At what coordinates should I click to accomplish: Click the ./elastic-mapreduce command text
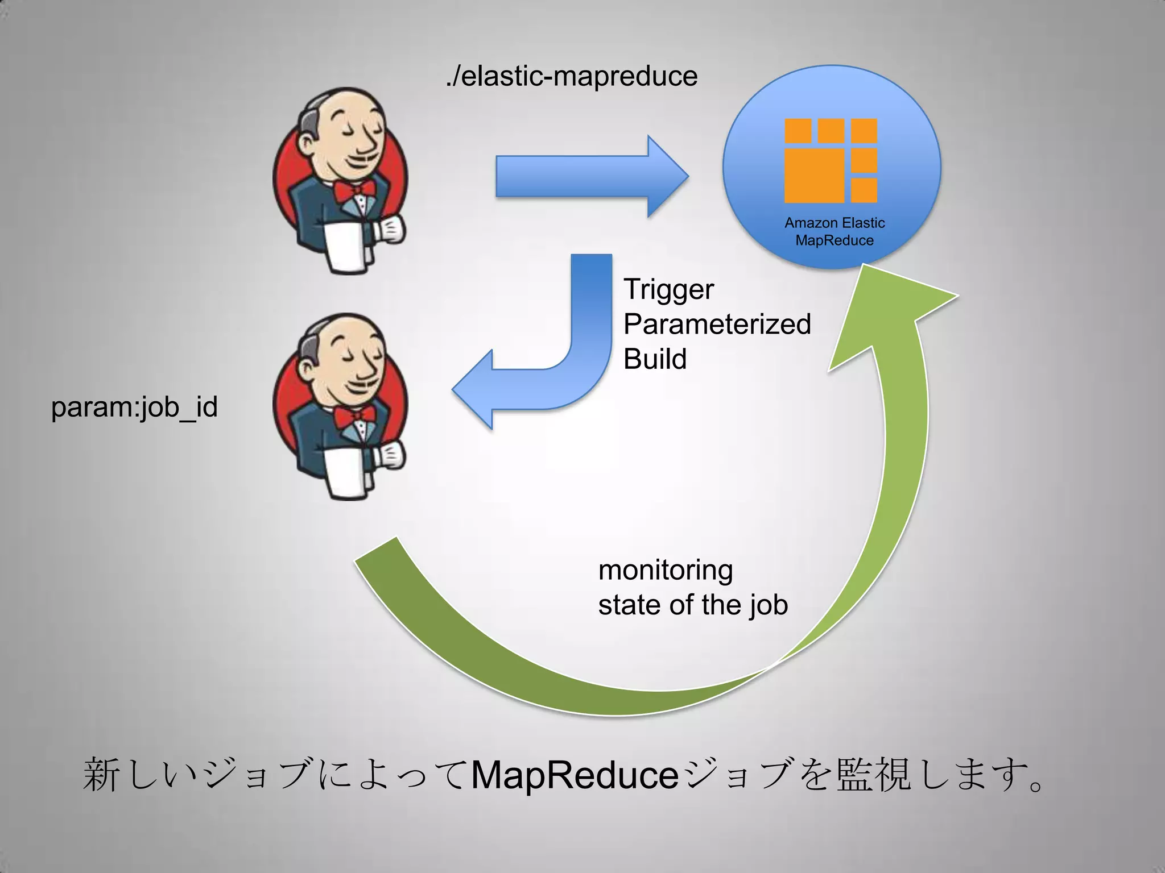[571, 77]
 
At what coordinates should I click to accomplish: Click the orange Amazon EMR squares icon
[831, 161]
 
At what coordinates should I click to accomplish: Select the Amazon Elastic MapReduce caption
[834, 231]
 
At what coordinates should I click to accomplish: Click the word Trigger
[668, 290]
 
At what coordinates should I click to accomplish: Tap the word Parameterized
[717, 325]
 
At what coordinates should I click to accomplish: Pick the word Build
[655, 359]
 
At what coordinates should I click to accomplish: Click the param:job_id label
[134, 407]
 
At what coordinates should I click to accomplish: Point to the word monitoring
[666, 570]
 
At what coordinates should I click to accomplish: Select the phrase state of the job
[693, 605]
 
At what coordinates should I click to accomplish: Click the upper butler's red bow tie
[354, 191]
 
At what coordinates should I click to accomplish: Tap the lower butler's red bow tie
[354, 417]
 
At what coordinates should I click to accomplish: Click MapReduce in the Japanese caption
[575, 775]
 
